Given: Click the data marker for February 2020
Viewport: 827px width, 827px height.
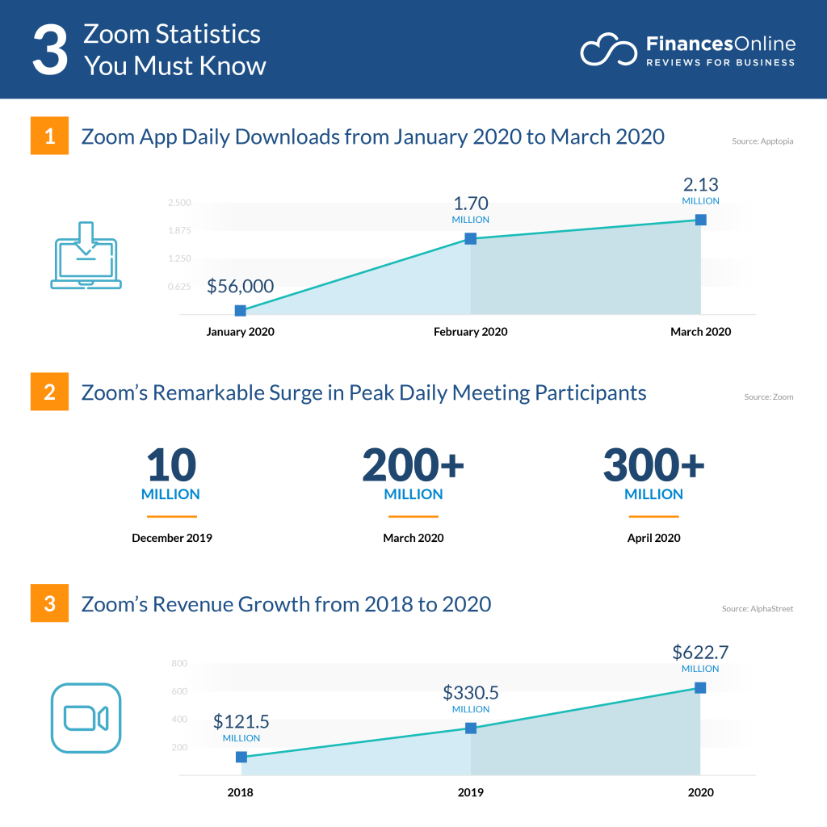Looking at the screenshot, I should click(x=470, y=238).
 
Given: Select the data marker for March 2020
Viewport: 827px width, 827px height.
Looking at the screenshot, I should click(x=700, y=220).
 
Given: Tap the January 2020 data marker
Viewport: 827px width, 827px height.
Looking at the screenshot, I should click(x=241, y=311).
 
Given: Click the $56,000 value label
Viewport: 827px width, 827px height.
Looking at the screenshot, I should click(x=241, y=286).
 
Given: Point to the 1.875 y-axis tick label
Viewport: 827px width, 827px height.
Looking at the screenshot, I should click(x=179, y=231).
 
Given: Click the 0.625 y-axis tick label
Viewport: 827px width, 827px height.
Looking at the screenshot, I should click(x=179, y=287).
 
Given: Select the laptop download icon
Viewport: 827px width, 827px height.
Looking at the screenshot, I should click(x=86, y=255).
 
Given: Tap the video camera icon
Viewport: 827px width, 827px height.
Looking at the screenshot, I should click(x=86, y=718).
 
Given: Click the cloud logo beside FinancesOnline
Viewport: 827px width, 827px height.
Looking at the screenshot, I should click(x=607, y=50).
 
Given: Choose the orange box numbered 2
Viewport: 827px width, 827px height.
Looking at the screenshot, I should click(x=49, y=393).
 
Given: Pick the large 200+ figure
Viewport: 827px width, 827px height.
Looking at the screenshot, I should click(x=413, y=465).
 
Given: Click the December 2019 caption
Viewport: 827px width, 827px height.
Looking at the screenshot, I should click(x=172, y=538).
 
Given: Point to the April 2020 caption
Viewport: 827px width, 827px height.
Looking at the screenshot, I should click(x=653, y=538).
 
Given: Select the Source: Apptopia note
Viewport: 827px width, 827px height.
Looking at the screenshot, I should click(x=762, y=141).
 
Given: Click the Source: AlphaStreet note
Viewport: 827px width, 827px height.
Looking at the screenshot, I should click(x=758, y=608).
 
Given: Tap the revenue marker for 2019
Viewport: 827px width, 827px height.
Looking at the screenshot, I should click(x=470, y=728).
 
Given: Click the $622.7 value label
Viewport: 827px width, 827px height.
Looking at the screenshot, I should click(x=700, y=652).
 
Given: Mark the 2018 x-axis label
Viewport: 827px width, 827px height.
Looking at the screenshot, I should click(x=240, y=792).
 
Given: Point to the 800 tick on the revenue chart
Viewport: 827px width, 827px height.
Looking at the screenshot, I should click(x=179, y=663).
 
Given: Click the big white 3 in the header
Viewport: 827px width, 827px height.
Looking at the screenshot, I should click(x=49, y=50).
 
